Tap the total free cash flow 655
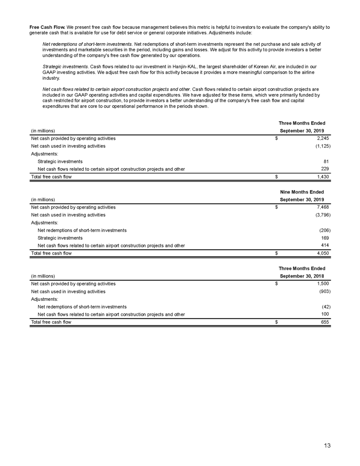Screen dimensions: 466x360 point(325,322)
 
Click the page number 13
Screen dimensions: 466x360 point(327,445)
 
